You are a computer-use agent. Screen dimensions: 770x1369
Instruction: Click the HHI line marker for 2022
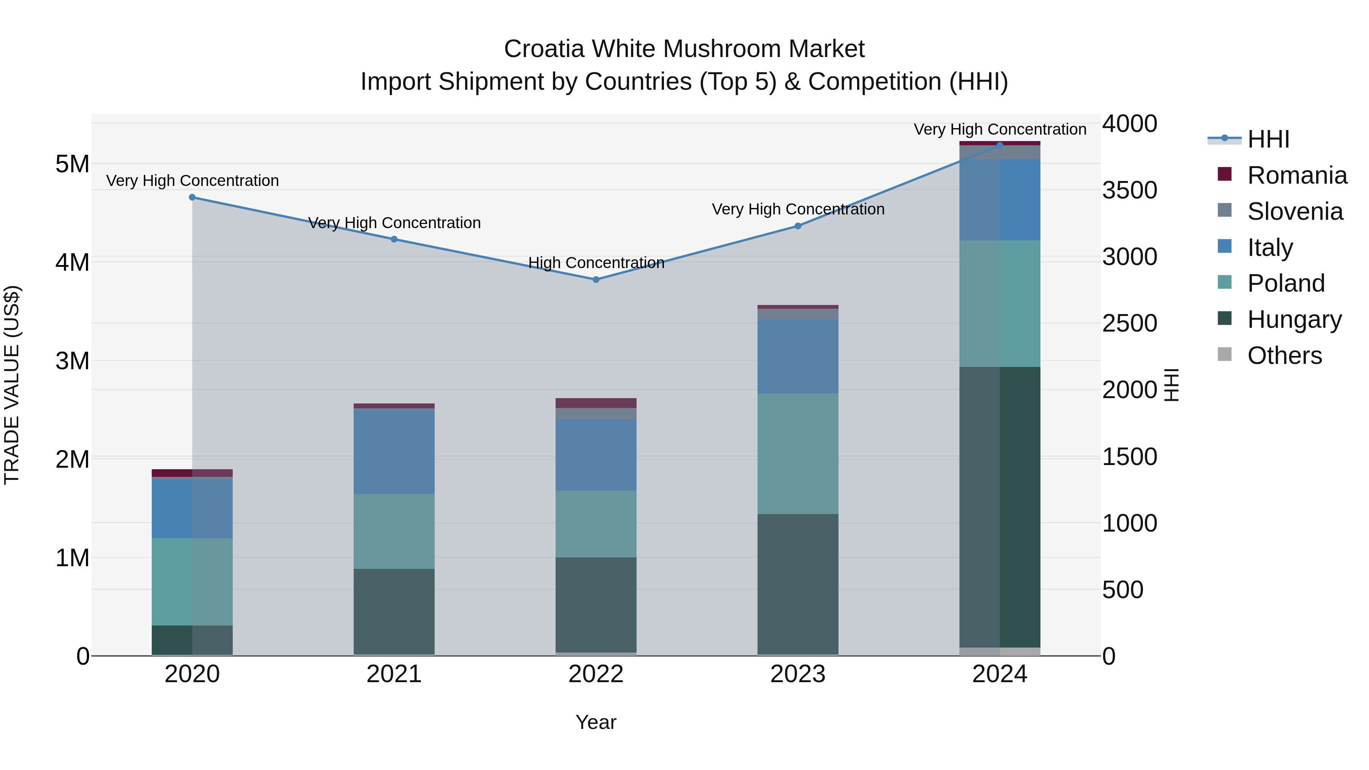point(596,279)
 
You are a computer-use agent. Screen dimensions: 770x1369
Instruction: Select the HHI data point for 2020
point(192,197)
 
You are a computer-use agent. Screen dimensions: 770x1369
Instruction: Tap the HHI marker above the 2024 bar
point(1000,145)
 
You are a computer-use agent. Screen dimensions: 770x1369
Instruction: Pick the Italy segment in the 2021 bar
point(394,452)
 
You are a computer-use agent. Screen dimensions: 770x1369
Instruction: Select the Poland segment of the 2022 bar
point(596,524)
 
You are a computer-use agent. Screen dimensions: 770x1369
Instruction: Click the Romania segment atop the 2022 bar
point(596,403)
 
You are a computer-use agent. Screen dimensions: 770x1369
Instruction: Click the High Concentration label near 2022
point(596,262)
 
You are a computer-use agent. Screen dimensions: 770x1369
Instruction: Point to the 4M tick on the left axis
point(72,262)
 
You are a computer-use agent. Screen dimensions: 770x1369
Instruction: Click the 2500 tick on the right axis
point(1129,323)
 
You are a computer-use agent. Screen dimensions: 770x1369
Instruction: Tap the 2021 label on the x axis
point(394,674)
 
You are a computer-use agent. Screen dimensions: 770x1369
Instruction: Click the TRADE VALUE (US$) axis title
point(12,385)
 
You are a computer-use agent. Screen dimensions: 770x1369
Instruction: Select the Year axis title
point(596,722)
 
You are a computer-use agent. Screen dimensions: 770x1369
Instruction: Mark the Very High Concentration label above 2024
point(1000,129)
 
